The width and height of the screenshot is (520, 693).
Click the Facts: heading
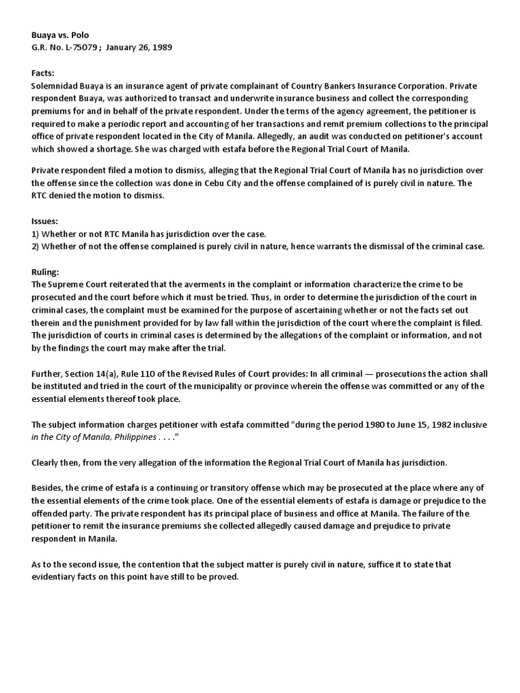coord(43,73)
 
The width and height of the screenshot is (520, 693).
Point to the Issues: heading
coord(45,221)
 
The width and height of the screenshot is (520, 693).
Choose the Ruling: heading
coord(46,271)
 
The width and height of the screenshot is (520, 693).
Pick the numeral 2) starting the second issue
coord(37,246)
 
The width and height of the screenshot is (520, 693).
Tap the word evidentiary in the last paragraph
coord(58,577)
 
